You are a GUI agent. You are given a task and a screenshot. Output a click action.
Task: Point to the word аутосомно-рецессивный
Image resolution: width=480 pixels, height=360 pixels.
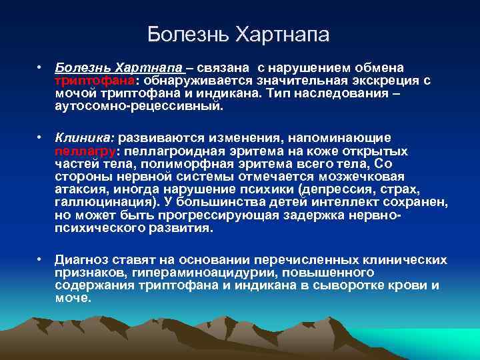(x=140, y=106)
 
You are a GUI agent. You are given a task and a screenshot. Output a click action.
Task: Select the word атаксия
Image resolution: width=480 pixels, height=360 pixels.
(x=79, y=189)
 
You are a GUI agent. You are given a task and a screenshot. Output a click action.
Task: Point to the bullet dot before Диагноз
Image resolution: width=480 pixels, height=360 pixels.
(x=40, y=260)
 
